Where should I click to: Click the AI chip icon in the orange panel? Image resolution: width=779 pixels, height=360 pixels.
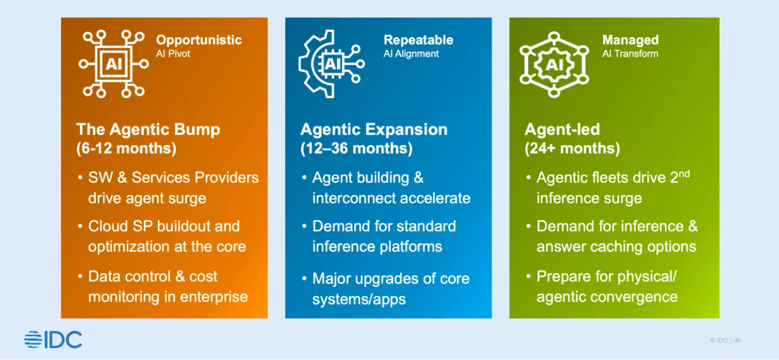click(x=113, y=63)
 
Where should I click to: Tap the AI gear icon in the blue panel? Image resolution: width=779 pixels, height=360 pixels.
click(x=331, y=63)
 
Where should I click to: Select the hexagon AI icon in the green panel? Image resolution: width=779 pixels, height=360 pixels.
click(x=553, y=64)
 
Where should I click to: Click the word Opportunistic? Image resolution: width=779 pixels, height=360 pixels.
click(x=198, y=40)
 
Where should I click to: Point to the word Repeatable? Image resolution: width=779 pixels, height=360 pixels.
click(x=418, y=40)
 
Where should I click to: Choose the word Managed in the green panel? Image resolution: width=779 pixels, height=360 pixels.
click(x=631, y=40)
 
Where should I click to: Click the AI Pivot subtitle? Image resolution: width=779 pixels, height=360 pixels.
click(x=173, y=54)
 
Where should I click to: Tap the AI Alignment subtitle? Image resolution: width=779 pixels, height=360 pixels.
click(x=411, y=54)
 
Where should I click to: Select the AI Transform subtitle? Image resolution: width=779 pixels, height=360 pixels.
click(x=630, y=54)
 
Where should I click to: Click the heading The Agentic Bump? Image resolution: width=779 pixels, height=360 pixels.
click(x=148, y=130)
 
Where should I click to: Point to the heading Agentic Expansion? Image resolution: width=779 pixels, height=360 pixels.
click(x=374, y=130)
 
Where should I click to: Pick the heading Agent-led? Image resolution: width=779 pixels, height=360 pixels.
click(x=563, y=130)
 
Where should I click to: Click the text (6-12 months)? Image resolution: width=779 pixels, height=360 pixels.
click(x=127, y=150)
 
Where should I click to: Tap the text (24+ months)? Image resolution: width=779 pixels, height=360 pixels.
click(x=573, y=149)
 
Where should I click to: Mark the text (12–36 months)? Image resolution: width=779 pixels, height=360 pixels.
click(x=356, y=149)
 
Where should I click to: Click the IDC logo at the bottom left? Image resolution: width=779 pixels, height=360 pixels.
click(x=53, y=339)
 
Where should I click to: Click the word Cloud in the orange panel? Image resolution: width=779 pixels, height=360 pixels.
click(x=107, y=226)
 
